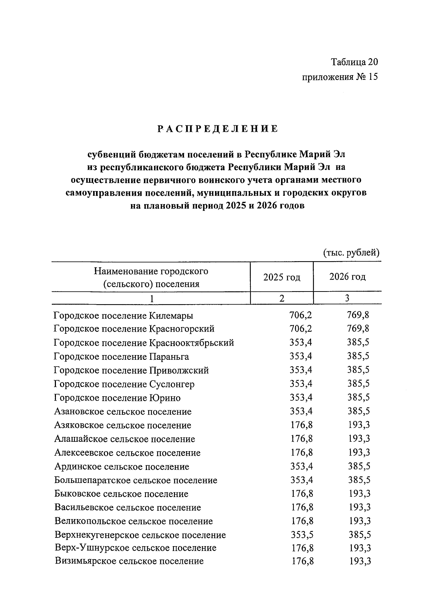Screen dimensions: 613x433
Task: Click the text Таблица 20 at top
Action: (354, 62)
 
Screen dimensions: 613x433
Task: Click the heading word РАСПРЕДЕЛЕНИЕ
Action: (218, 129)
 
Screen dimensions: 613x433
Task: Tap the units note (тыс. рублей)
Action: (351, 252)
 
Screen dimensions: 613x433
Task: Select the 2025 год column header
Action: (281, 277)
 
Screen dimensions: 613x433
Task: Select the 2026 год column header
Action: (347, 277)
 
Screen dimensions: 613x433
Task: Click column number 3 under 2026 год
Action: (347, 298)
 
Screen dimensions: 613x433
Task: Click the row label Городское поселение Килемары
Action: (123, 315)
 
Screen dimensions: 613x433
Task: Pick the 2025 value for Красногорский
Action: (301, 329)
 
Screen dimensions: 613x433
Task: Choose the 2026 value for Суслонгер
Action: (358, 384)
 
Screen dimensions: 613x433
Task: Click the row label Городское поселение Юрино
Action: (117, 398)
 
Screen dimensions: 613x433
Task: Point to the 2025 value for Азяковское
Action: (302, 425)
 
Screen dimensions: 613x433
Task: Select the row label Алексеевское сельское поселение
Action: (127, 453)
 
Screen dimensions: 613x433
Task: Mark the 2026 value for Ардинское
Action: (359, 466)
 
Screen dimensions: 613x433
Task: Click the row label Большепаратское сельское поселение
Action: (136, 480)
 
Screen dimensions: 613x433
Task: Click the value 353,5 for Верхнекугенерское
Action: (302, 535)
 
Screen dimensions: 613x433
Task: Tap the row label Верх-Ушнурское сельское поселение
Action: (135, 548)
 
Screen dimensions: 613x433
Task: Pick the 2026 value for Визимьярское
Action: (360, 561)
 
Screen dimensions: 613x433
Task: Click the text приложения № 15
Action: (340, 77)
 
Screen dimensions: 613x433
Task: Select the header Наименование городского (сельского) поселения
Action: (151, 277)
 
